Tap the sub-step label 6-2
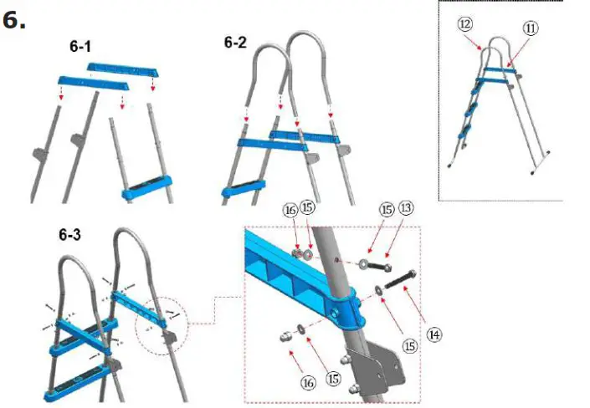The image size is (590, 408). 235,41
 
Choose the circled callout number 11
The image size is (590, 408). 531,28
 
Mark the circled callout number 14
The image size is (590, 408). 432,334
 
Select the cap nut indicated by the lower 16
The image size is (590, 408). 285,336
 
